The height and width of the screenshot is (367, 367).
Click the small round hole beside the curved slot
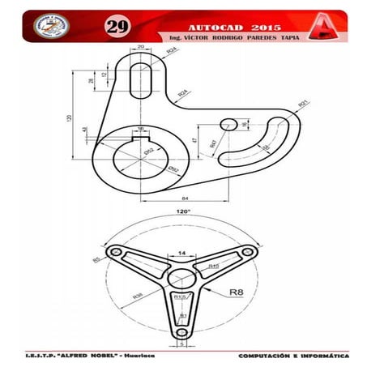click(228, 124)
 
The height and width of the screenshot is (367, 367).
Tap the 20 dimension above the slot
click(141, 48)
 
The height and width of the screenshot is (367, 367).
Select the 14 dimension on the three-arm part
click(181, 254)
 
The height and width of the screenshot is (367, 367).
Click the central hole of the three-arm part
click(181, 279)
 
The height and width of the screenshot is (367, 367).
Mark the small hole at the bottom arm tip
click(182, 332)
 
